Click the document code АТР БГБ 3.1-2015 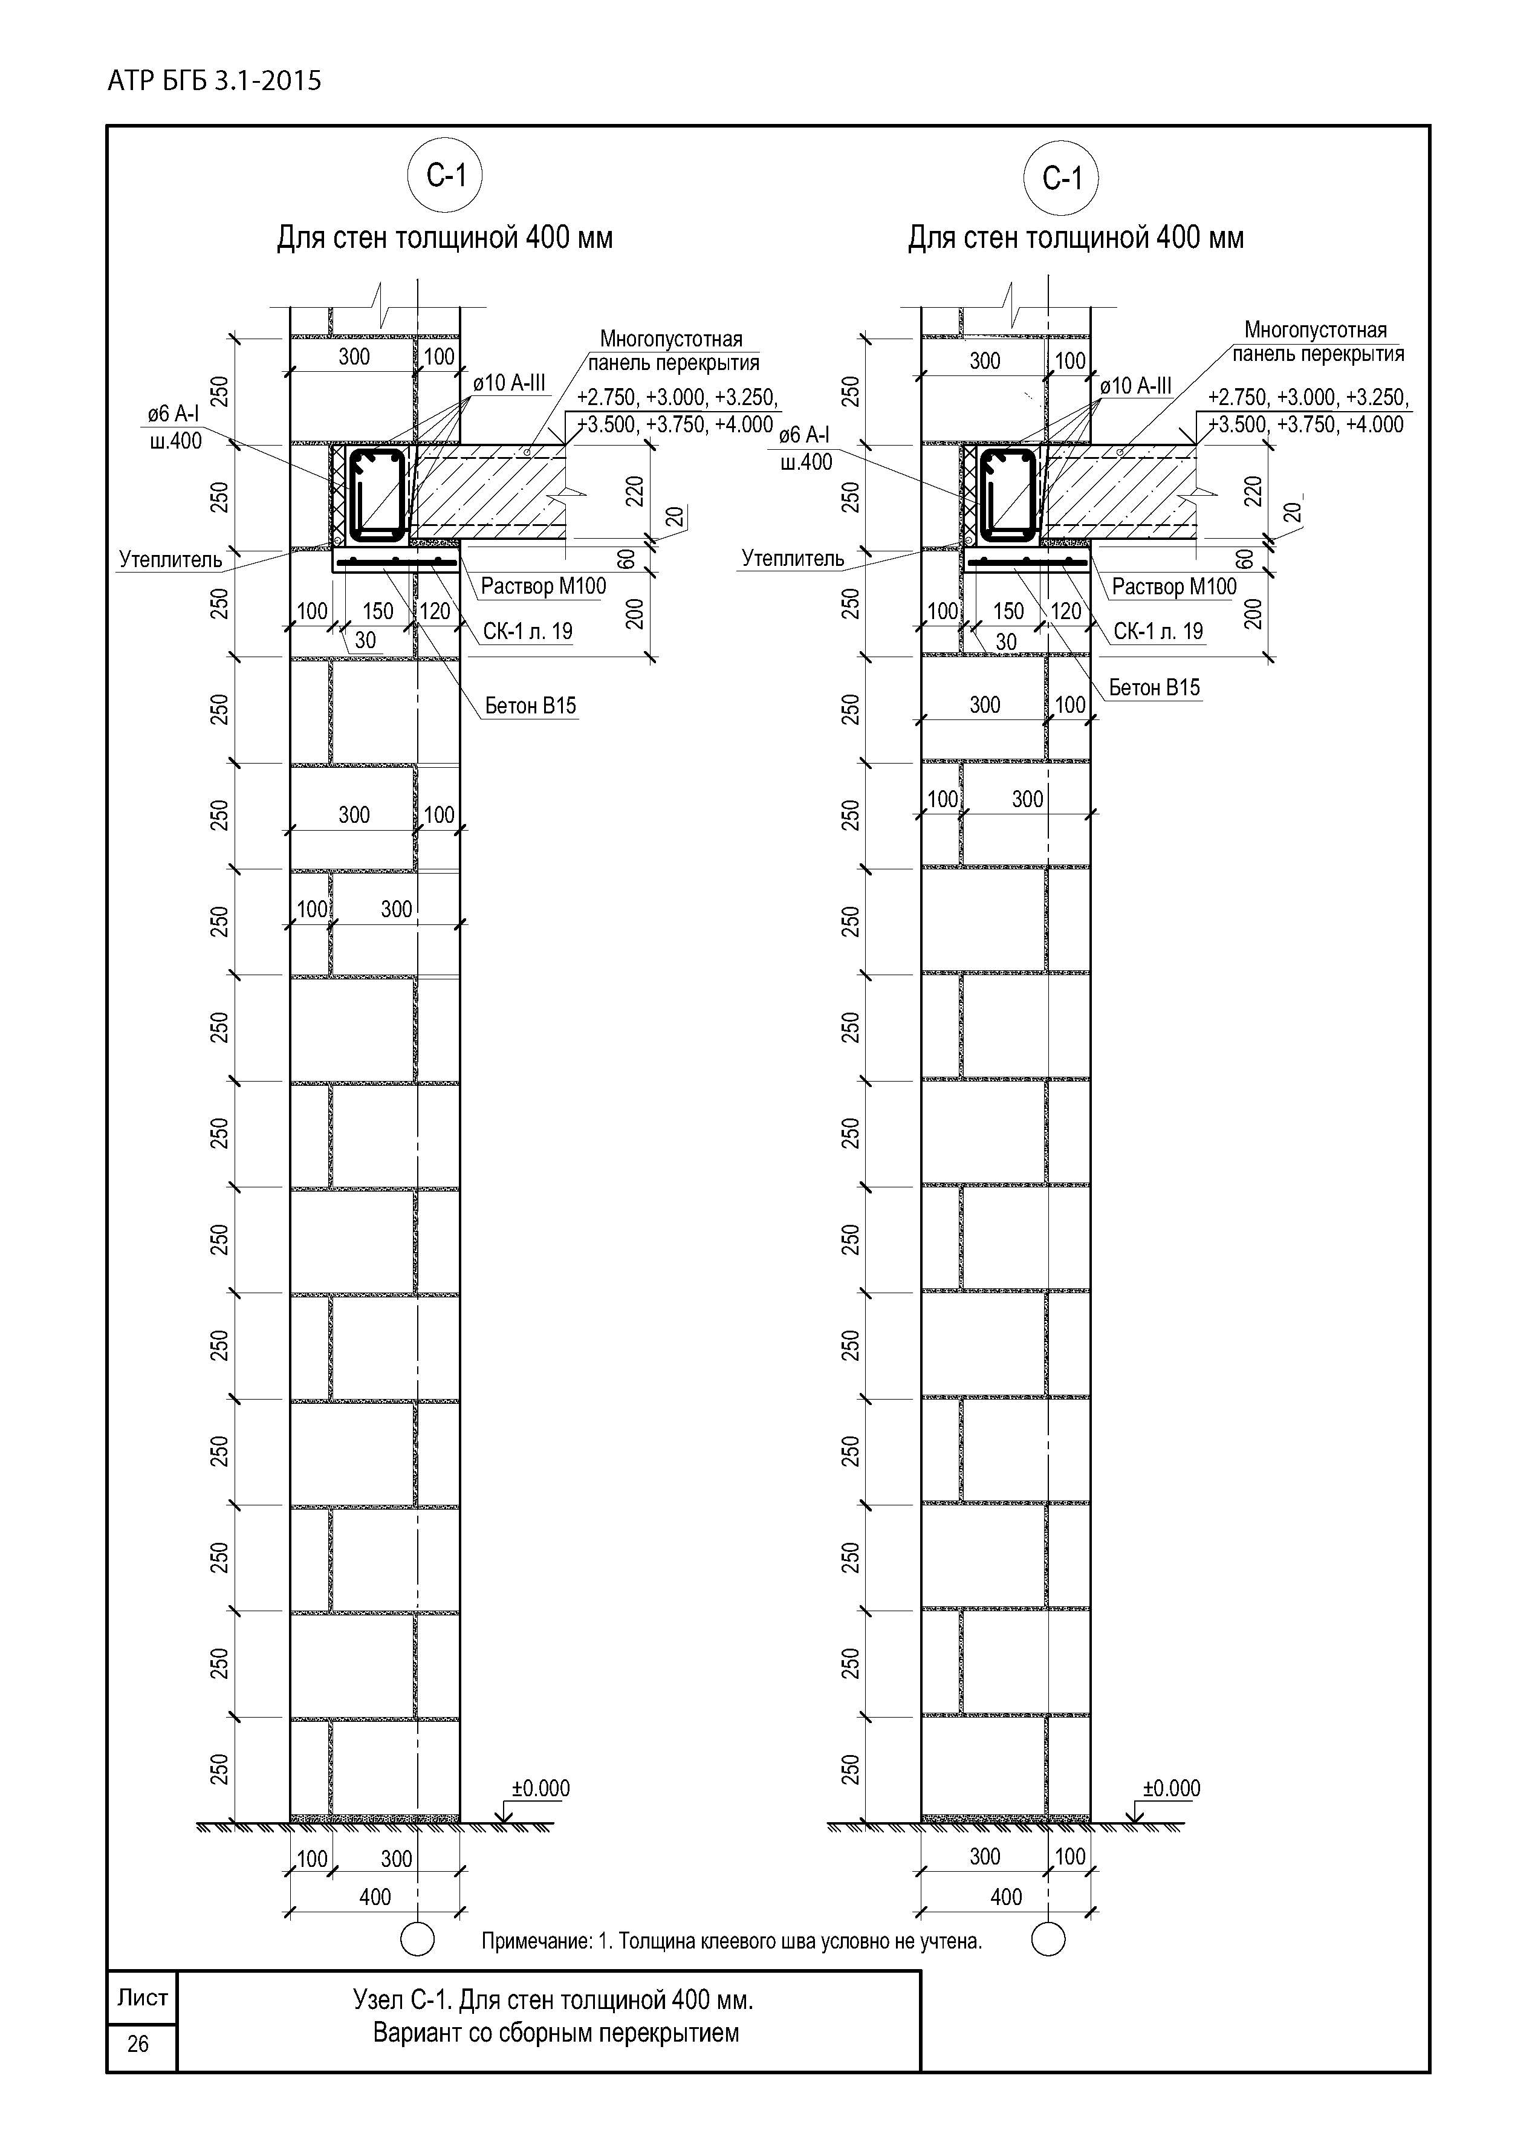coord(215,81)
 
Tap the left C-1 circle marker coord(444,176)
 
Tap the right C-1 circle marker coord(1061,178)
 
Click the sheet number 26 coord(138,2044)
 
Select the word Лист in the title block coord(141,1998)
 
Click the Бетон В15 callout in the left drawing coord(530,706)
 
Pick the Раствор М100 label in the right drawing coord(1173,586)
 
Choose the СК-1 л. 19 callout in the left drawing coord(527,631)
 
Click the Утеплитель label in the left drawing coord(170,559)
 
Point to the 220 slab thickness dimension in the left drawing coord(635,491)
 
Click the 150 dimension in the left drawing coord(378,611)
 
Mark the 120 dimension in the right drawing coord(1065,611)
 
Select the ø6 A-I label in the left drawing coord(173,414)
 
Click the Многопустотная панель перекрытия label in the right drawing coord(1316,342)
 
